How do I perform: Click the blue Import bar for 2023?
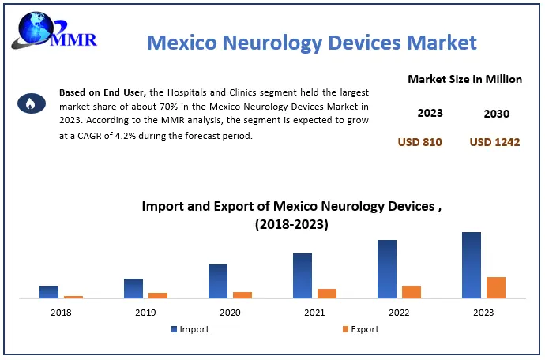[472, 265]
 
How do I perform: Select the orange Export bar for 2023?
[495, 288]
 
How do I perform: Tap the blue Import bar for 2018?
[49, 292]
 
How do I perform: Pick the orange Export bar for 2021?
[327, 294]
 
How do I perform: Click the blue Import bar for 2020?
[218, 281]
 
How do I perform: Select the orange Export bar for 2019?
[158, 295]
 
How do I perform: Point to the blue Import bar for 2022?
[387, 269]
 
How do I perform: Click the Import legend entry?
[190, 329]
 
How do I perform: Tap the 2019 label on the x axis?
[145, 313]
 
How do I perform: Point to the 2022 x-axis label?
[399, 313]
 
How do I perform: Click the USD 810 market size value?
[419, 142]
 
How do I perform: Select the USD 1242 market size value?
[495, 142]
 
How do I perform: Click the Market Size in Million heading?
[464, 79]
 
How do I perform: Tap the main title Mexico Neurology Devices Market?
[312, 41]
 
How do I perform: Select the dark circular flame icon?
[28, 103]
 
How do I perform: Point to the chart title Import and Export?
[291, 215]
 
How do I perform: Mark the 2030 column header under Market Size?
[496, 113]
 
